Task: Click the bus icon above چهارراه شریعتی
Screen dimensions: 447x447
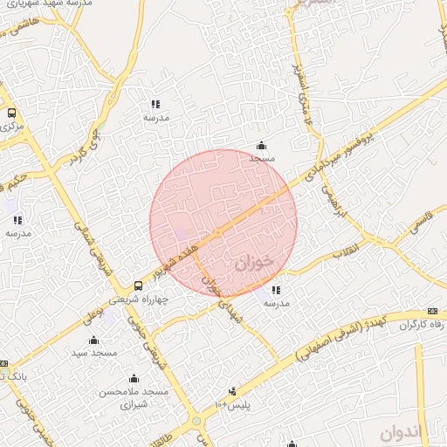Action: coord(137,285)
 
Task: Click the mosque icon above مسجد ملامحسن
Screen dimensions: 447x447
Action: coord(134,379)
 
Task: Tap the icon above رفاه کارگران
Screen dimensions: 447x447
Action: coord(432,312)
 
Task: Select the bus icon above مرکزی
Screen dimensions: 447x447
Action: coord(11,113)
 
